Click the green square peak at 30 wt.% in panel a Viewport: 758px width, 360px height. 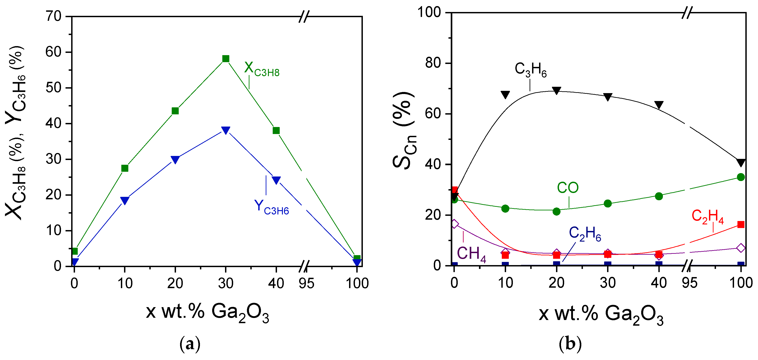(226, 59)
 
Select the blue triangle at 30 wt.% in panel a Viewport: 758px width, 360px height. (226, 130)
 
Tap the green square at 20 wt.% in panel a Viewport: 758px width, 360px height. (175, 111)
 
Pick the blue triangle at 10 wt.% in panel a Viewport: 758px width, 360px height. (125, 200)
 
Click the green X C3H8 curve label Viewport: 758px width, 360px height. (262, 69)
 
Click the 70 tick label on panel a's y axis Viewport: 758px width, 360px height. (54, 16)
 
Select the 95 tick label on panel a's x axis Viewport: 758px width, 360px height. (307, 283)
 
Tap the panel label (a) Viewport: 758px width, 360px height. (190, 343)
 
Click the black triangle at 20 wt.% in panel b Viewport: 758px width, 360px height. (556, 90)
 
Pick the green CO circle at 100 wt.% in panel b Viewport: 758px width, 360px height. (741, 177)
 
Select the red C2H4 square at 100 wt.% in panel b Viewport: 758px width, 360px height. (741, 225)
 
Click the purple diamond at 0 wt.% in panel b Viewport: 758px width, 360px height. (455, 224)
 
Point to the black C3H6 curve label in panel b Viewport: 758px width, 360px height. (530, 70)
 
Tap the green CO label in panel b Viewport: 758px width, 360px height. (568, 188)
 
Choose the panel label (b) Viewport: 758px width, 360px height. (570, 343)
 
